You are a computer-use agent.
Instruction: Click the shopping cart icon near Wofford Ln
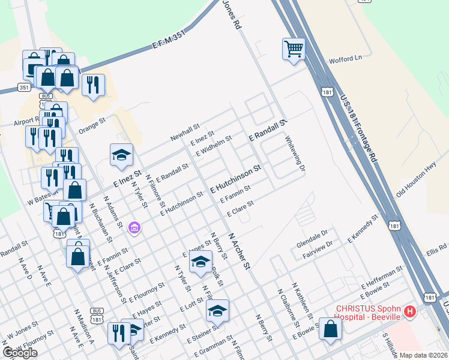click(x=294, y=49)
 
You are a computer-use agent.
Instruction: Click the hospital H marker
click(x=410, y=311)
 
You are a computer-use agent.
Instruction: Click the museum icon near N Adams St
click(x=134, y=228)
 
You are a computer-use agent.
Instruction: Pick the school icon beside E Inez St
click(x=121, y=155)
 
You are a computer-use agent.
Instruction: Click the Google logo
click(x=20, y=353)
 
